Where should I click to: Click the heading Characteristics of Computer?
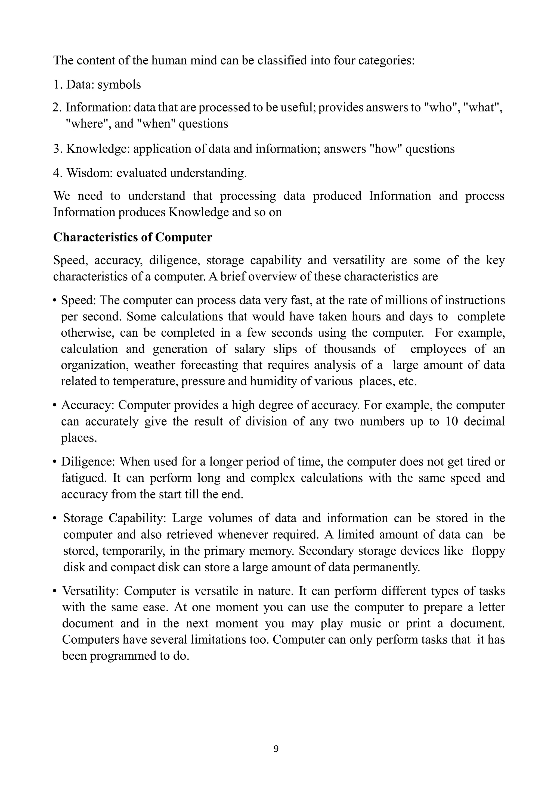pos(132,237)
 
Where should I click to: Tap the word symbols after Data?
pos(119,84)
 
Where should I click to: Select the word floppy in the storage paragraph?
pos(488,551)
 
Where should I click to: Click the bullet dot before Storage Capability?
pos(55,519)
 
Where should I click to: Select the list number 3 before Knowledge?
pos(56,149)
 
